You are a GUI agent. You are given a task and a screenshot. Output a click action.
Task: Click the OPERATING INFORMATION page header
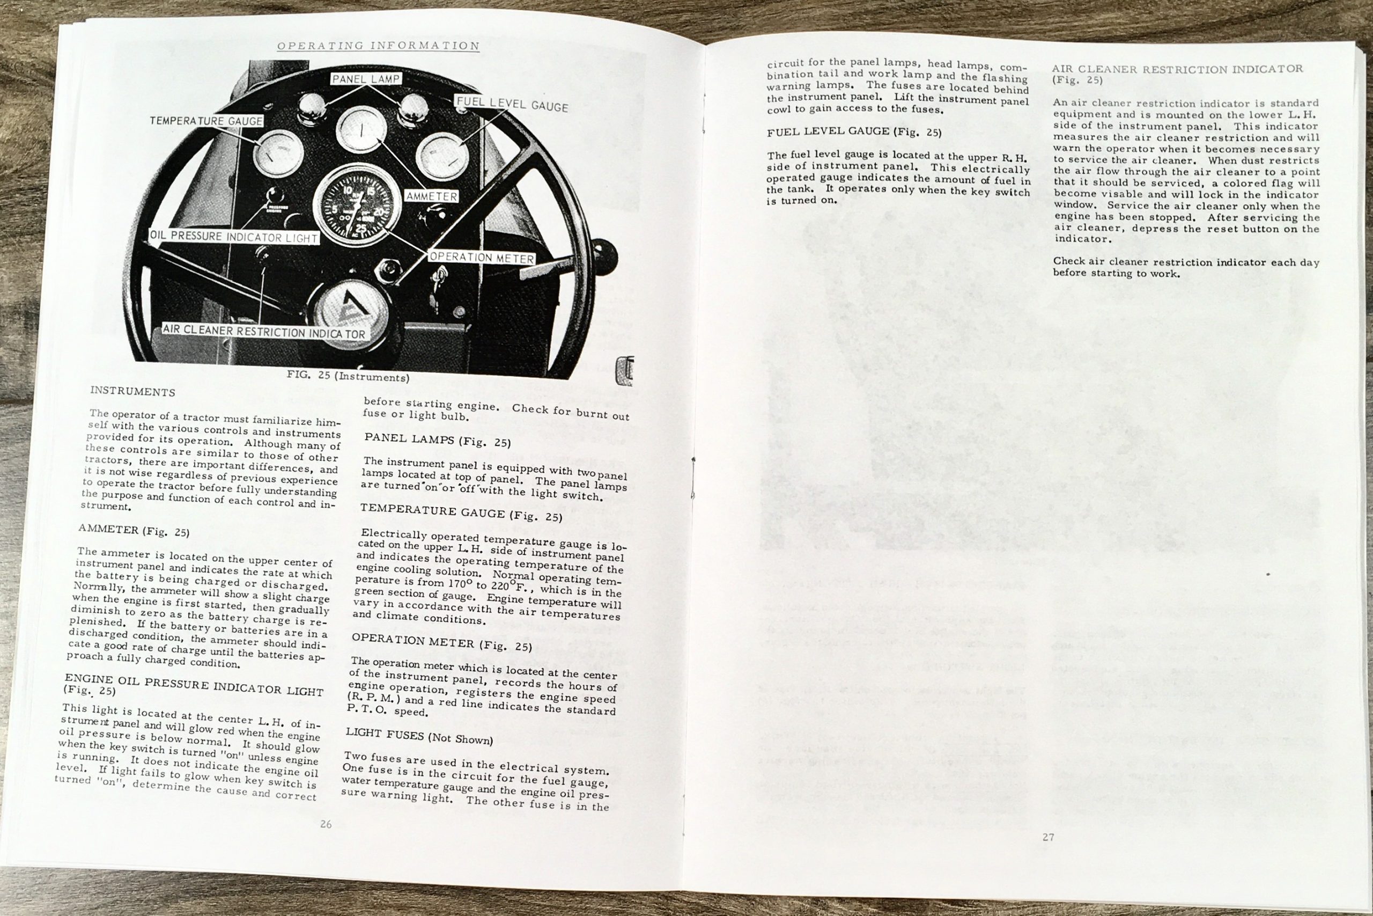[x=378, y=46]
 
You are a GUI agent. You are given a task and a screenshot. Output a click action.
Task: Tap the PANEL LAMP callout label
[x=366, y=79]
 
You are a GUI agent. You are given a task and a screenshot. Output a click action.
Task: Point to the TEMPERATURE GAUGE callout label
[x=206, y=121]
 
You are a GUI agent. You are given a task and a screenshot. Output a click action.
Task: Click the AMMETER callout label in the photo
[x=431, y=196]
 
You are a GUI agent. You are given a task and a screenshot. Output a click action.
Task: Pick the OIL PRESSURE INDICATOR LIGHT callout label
[x=234, y=237]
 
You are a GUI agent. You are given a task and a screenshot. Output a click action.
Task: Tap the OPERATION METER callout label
[x=482, y=258]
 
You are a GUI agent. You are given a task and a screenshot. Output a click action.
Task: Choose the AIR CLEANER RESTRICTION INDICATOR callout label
[x=264, y=332]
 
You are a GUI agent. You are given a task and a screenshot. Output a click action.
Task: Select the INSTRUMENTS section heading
[x=132, y=391]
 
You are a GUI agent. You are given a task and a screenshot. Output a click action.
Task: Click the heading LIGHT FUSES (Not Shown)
[x=419, y=736]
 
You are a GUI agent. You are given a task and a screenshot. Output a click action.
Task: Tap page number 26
[x=326, y=824]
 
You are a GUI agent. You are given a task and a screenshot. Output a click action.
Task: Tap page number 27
[x=1049, y=837]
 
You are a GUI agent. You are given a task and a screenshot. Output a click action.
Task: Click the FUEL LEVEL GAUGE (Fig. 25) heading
[x=854, y=132]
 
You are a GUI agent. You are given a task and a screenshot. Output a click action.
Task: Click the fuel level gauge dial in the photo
[x=442, y=157]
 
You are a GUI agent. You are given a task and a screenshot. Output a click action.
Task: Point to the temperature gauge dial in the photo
[x=278, y=156]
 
